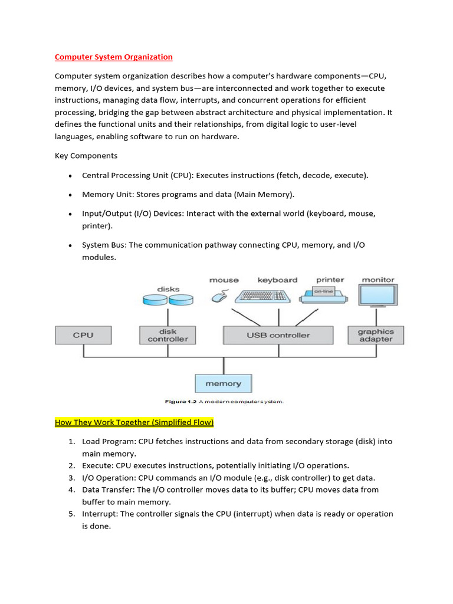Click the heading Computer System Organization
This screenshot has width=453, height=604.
pos(113,57)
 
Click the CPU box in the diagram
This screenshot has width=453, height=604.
pos(83,335)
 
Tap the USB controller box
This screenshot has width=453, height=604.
pos(278,335)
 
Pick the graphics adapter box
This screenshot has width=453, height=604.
pos(376,335)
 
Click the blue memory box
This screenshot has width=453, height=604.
pos(223,383)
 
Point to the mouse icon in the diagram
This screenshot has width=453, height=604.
pos(219,297)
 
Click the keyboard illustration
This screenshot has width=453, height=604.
pos(262,296)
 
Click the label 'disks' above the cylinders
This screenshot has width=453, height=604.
pos(168,289)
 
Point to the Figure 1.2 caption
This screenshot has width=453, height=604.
pos(224,402)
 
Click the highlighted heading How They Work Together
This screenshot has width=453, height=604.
pos(134,422)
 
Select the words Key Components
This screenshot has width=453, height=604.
pos(86,156)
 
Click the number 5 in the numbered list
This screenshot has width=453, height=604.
pos(71,514)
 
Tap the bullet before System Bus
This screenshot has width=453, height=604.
pos(70,245)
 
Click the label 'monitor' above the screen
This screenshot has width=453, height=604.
pos(378,280)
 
